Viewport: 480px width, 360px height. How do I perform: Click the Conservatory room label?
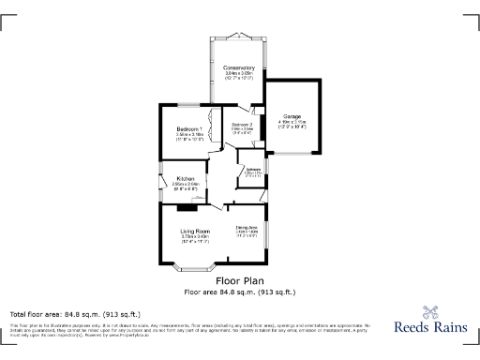pyautogui.click(x=239, y=68)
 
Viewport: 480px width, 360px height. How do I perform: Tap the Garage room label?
pyautogui.click(x=292, y=115)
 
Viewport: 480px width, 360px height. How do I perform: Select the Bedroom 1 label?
pyautogui.click(x=188, y=128)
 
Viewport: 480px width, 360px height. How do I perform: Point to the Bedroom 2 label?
pyautogui.click(x=242, y=125)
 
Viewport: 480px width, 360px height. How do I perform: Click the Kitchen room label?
pyautogui.click(x=185, y=179)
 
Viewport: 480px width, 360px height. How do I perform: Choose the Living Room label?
pyautogui.click(x=195, y=231)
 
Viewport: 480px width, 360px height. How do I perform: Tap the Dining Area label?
pyautogui.click(x=247, y=227)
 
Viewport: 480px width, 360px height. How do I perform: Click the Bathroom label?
pyautogui.click(x=253, y=170)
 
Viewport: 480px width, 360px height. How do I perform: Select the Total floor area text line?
pyautogui.click(x=75, y=313)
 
